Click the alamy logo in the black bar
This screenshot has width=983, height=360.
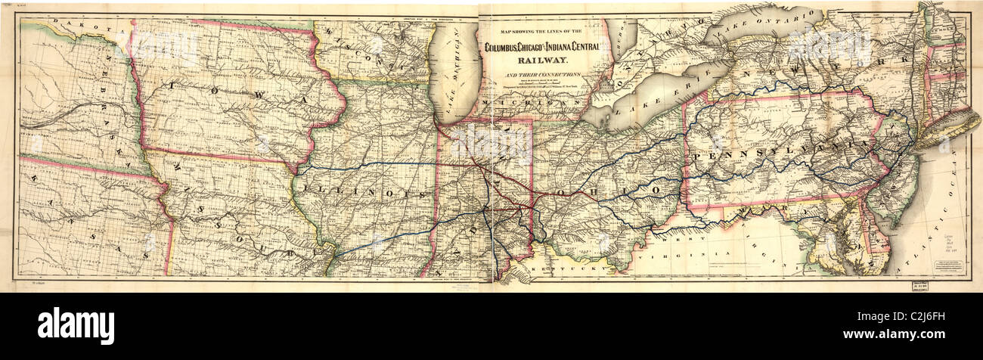point(76,326)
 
